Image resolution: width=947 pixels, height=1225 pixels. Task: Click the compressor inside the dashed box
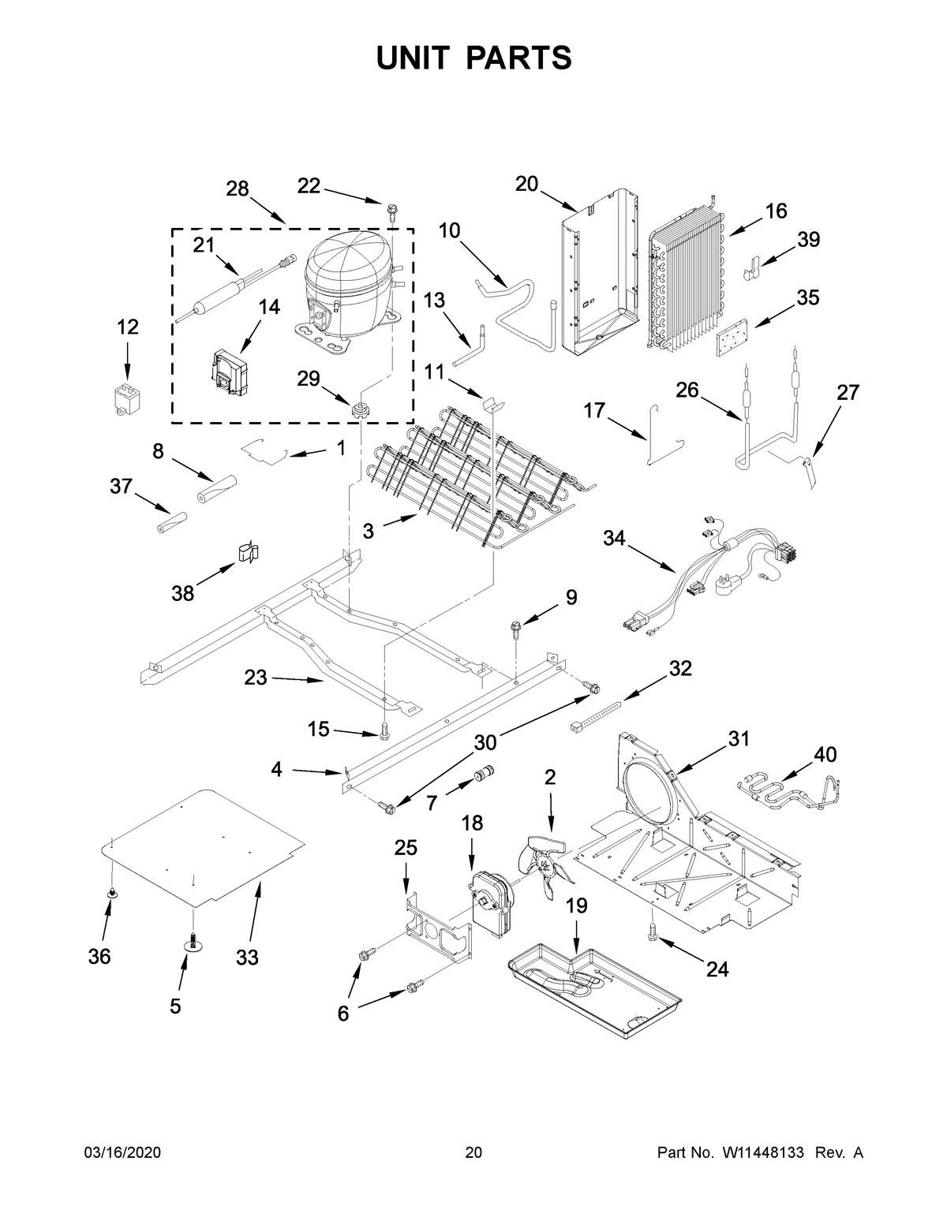click(x=347, y=288)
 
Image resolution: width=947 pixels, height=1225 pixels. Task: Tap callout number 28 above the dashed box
click(x=237, y=189)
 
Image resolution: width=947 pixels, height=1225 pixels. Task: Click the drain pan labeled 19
click(x=592, y=986)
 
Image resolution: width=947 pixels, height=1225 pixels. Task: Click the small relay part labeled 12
click(x=126, y=398)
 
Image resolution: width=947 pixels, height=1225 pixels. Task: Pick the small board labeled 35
click(x=732, y=344)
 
